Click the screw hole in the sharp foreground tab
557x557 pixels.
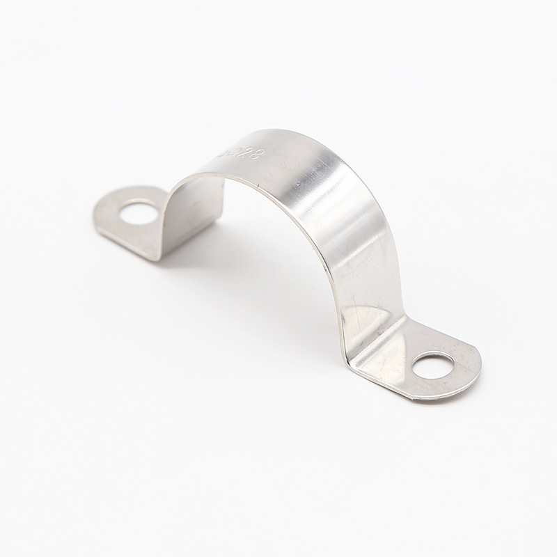[432, 365]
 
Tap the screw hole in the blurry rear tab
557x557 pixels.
[139, 212]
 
